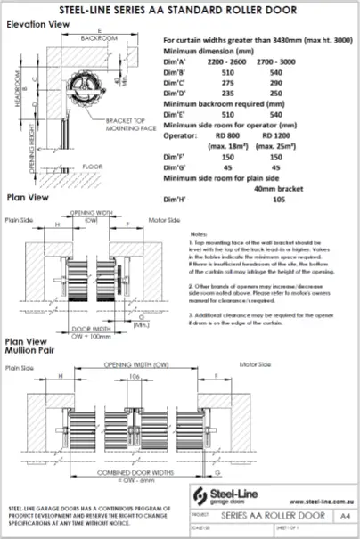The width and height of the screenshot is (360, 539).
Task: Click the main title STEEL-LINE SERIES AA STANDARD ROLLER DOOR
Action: pos(179,10)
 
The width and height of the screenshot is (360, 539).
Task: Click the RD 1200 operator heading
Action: pos(296,142)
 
